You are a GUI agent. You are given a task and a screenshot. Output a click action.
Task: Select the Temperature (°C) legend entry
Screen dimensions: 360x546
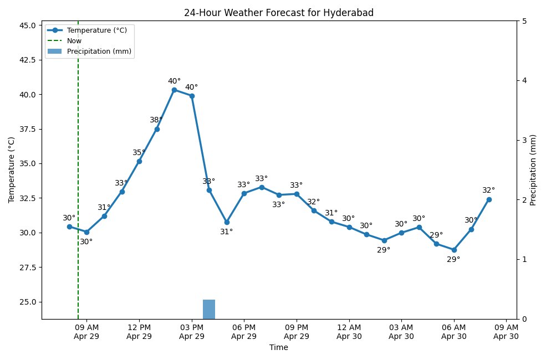tap(96, 30)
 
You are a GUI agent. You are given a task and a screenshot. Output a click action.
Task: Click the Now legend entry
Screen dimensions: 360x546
tap(74, 40)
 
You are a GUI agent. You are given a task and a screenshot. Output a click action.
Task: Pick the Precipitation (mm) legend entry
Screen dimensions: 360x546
tap(99, 51)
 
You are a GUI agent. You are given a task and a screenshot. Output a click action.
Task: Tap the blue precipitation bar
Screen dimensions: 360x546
tap(209, 309)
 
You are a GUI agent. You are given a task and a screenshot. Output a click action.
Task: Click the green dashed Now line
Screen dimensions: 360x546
tap(78, 166)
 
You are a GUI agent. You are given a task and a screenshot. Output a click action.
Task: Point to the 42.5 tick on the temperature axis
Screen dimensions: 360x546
tap(28, 60)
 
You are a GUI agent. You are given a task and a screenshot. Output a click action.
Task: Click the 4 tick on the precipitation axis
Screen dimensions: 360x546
tap(524, 81)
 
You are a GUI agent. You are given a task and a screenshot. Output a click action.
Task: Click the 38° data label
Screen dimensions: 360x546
tap(156, 120)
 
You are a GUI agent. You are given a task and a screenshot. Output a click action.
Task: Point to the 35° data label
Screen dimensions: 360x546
tap(139, 153)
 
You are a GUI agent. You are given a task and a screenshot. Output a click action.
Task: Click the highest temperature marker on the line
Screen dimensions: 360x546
tap(174, 90)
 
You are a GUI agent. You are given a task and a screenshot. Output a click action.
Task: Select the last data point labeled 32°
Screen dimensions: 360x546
tap(489, 199)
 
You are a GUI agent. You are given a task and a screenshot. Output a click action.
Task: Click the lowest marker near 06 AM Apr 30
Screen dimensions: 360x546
tap(454, 250)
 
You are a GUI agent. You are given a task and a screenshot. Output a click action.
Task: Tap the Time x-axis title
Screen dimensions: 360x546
tap(279, 348)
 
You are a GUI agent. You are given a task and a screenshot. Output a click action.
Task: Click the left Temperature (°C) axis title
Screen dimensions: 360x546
tap(11, 170)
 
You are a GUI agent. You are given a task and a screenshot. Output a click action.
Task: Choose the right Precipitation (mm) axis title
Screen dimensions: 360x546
tap(533, 170)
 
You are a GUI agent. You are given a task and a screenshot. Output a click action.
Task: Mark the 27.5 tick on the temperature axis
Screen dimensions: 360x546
tap(28, 268)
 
